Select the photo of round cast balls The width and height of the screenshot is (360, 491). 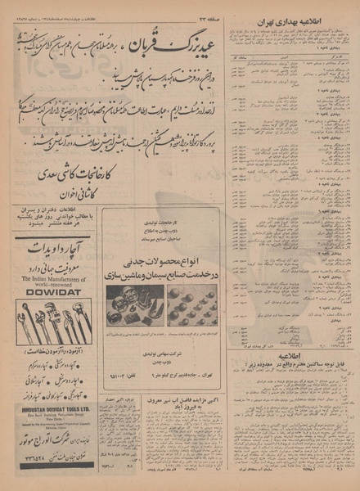[192, 307]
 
